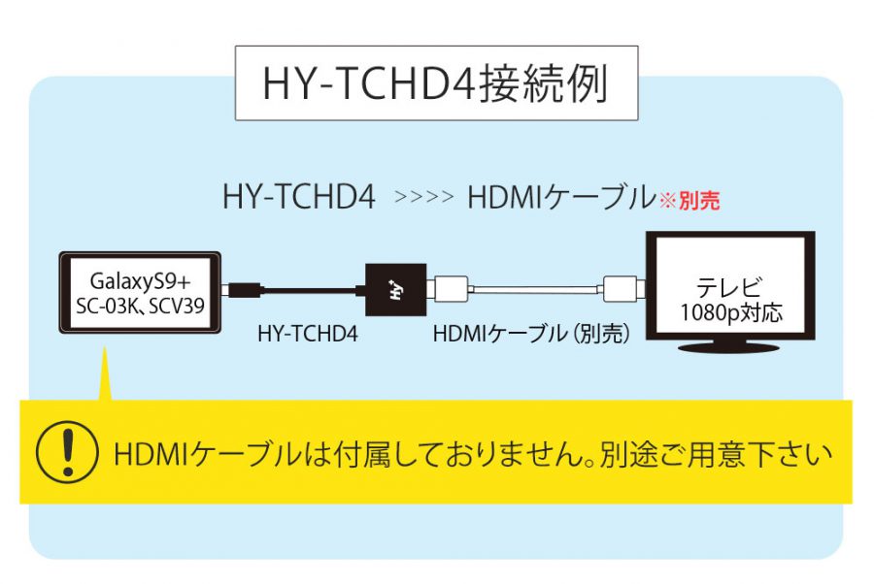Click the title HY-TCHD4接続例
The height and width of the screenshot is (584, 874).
(x=435, y=84)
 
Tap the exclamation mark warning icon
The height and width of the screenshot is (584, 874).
(x=67, y=451)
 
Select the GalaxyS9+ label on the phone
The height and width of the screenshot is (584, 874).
(x=140, y=281)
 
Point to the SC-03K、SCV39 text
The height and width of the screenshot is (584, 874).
(x=140, y=306)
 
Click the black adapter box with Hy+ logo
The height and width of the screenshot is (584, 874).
(x=396, y=290)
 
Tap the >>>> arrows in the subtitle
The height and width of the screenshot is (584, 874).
(x=423, y=197)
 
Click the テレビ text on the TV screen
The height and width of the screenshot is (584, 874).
(x=728, y=287)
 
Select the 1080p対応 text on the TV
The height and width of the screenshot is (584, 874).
(x=730, y=312)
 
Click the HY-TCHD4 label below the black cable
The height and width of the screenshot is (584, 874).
(x=308, y=334)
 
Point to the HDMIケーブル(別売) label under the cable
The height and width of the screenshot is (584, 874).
(x=532, y=334)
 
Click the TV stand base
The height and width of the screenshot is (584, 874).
(x=728, y=348)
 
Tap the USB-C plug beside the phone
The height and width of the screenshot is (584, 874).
(x=243, y=290)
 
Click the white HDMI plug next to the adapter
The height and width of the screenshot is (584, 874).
(x=450, y=289)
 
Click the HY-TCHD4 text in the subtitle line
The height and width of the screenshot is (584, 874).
(x=299, y=197)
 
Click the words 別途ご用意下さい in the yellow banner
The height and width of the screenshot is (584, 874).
(x=717, y=454)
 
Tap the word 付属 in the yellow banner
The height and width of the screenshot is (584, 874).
(x=353, y=454)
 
